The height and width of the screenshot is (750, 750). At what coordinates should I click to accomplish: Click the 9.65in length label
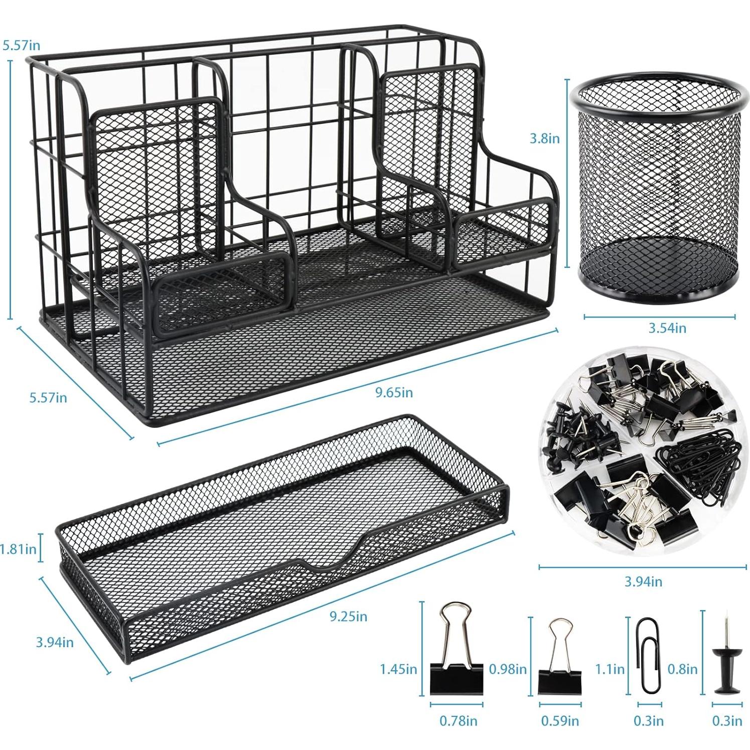pos(394,392)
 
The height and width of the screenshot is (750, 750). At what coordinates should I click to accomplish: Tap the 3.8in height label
pos(544,138)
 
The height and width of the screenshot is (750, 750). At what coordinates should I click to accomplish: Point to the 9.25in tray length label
pos(348,616)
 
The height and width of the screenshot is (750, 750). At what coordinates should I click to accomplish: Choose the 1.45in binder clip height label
pos(398,669)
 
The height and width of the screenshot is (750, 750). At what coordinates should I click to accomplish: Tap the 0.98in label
pos(508,669)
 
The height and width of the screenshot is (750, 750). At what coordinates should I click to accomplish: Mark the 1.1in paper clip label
pos(610,669)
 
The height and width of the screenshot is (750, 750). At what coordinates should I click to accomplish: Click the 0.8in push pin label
pos(682,669)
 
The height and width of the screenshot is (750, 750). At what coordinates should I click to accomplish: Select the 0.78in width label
pos(459,721)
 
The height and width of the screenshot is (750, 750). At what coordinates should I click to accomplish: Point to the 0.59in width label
pos(560,721)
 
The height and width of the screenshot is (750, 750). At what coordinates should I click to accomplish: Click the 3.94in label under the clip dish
pos(643,582)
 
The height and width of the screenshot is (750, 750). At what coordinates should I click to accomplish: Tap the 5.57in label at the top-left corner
pos(21,45)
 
